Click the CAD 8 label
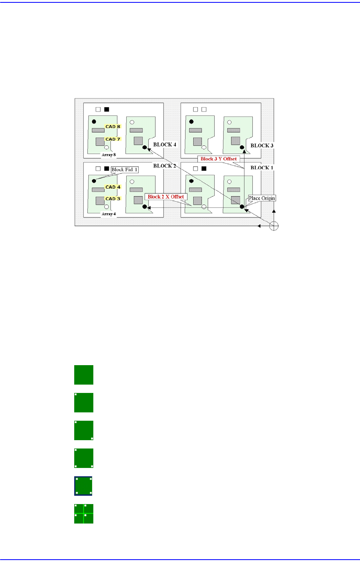click(113, 127)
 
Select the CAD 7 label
click(113, 139)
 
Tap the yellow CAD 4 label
click(113, 187)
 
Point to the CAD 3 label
click(113, 199)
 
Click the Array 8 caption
click(109, 155)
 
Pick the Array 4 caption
click(109, 214)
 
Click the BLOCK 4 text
click(165, 145)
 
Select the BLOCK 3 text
click(262, 146)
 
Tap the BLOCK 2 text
click(165, 166)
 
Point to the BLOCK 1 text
click(262, 168)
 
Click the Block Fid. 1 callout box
click(125, 170)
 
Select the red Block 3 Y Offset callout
click(219, 159)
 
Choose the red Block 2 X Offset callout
click(166, 197)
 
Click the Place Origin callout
click(262, 198)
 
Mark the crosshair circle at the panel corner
click(273, 226)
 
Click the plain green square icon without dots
click(84, 375)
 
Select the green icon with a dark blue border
click(84, 486)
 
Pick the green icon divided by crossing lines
click(84, 514)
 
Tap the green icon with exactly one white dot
click(84, 402)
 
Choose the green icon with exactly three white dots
click(84, 458)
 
